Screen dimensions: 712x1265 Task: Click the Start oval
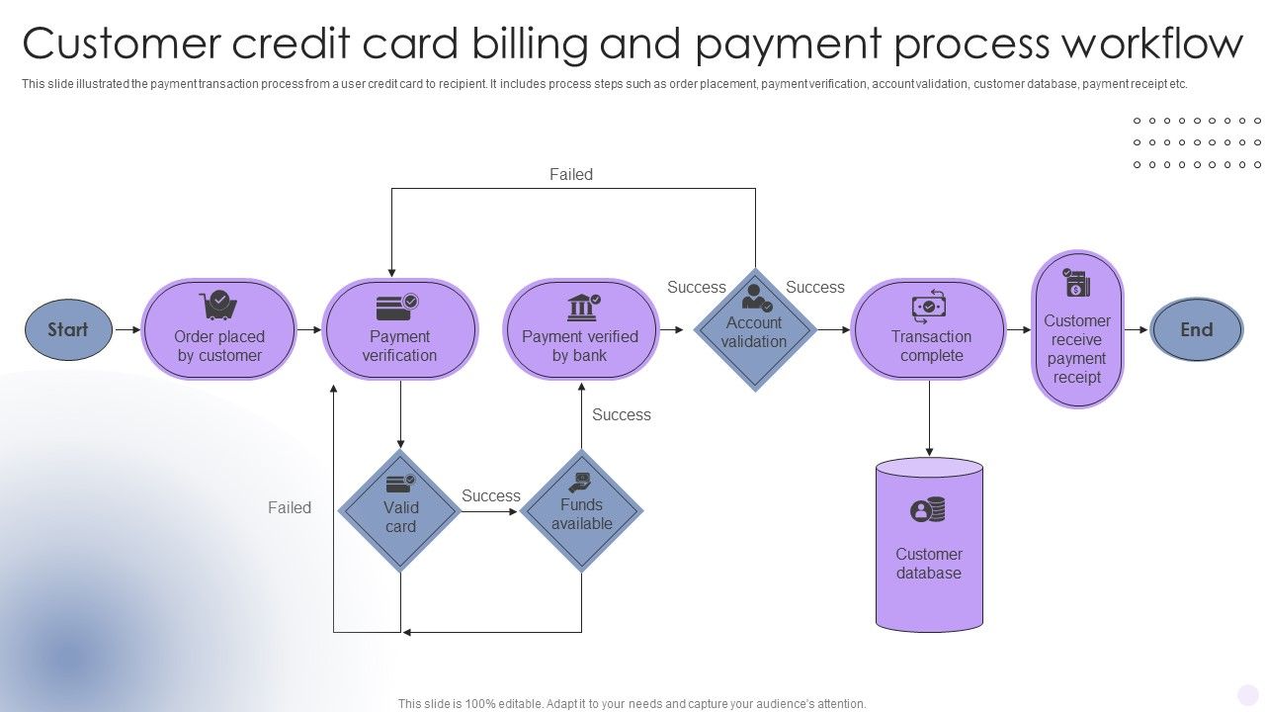[68, 329]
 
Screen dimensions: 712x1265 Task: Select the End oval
[1196, 329]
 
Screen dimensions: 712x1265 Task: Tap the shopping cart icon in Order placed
[217, 305]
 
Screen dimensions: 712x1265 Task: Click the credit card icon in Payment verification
[398, 308]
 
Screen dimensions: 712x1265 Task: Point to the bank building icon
[582, 307]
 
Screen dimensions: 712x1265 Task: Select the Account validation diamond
[755, 330]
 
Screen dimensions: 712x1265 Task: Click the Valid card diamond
[400, 511]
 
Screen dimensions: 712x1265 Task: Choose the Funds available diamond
[581, 511]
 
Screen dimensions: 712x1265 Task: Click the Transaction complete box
[930, 330]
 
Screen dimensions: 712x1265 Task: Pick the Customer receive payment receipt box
[1077, 330]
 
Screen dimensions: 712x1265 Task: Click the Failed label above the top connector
[571, 175]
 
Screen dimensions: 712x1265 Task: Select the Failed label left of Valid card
[290, 508]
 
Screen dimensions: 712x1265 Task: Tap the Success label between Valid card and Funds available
[491, 496]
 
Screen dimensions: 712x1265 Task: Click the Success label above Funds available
[622, 415]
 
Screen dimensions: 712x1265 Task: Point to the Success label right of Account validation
[815, 288]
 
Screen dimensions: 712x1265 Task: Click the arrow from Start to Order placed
[127, 329]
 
